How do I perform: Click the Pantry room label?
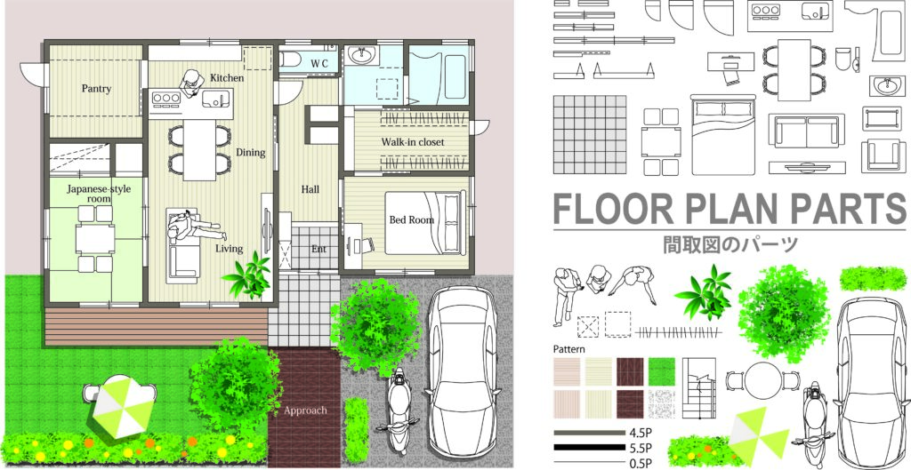pos(96,89)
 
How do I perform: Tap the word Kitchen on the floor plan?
pos(227,78)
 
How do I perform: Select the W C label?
pos(320,63)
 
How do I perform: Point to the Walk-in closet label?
pos(413,142)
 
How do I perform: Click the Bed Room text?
pos(411,220)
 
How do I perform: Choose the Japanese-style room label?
pos(98,193)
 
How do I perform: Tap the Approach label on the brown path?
pos(305,410)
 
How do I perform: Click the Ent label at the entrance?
pos(318,249)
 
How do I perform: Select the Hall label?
pos(310,189)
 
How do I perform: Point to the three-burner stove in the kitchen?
pos(166,99)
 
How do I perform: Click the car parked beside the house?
pos(463,370)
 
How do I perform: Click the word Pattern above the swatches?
pos(568,349)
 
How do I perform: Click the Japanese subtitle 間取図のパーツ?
pos(730,243)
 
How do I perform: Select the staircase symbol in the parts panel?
pos(699,387)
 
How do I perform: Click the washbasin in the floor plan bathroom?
pos(364,55)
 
